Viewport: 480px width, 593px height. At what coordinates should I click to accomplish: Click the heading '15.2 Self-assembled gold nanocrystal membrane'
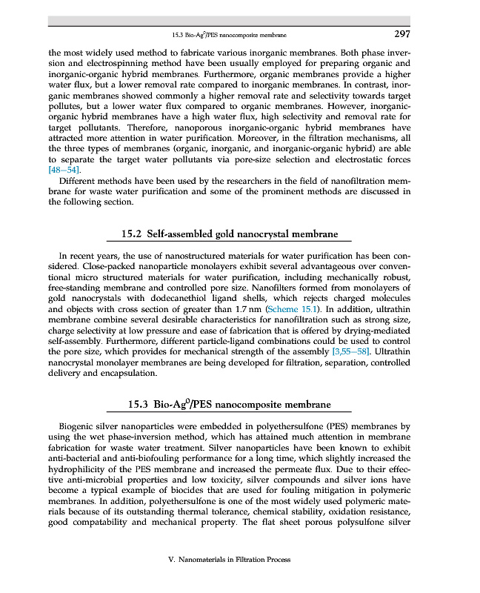click(x=230, y=234)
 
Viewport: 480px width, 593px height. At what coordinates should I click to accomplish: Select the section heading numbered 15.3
click(x=230, y=405)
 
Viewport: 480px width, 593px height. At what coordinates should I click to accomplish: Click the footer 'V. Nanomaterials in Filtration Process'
click(x=230, y=560)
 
